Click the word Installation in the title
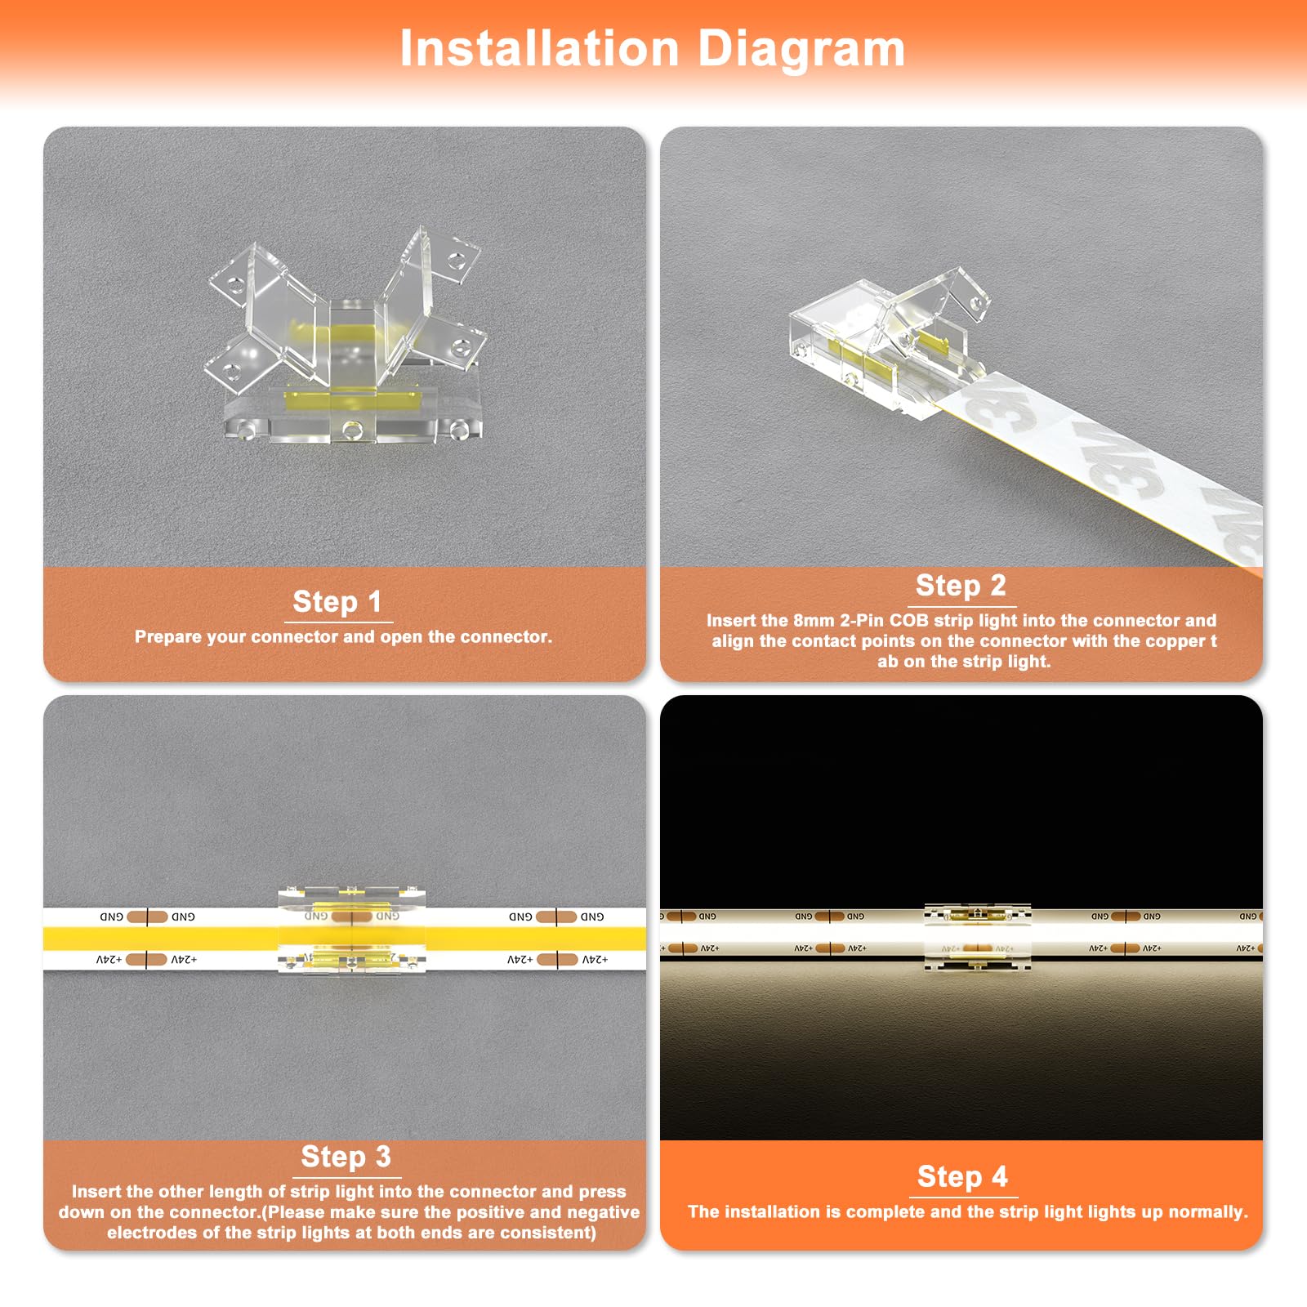[x=539, y=49]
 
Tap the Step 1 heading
[x=337, y=602]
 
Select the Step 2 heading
[x=961, y=586]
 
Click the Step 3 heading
[x=346, y=1157]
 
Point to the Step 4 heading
[x=962, y=1176]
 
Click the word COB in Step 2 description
[x=908, y=621]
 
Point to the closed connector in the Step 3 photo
[x=352, y=931]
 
